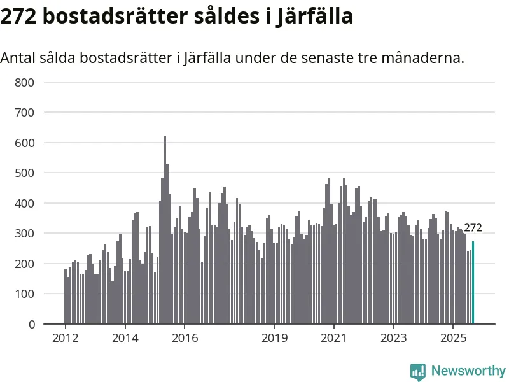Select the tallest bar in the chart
coord(165,230)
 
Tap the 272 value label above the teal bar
coord(473,228)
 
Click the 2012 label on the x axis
coord(65,337)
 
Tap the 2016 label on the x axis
coord(185,337)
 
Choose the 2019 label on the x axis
coord(274,337)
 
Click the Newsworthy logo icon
coord(418,371)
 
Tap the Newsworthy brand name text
coord(468,371)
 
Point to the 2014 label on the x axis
coord(125,337)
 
